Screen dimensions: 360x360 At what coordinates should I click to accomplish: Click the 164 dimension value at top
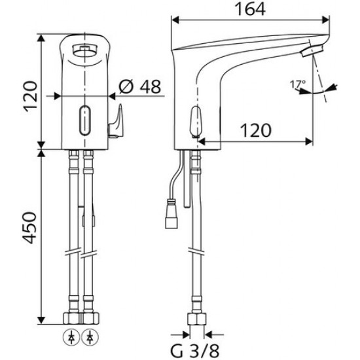[x=250, y=9]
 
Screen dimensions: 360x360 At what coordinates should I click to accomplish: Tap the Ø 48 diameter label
[x=140, y=86]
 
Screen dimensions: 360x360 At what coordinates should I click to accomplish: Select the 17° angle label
[x=298, y=84]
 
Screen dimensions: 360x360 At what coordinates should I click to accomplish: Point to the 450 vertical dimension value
[x=30, y=228]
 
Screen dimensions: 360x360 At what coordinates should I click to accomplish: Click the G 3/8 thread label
[x=194, y=351]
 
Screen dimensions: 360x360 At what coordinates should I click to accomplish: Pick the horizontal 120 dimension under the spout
[x=255, y=130]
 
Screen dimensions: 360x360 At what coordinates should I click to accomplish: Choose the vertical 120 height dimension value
[x=31, y=96]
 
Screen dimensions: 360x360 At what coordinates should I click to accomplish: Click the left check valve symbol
[x=71, y=338]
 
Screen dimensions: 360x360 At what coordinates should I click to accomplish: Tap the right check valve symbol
[x=90, y=338]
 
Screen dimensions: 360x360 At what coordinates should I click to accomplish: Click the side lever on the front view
[x=115, y=122]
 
